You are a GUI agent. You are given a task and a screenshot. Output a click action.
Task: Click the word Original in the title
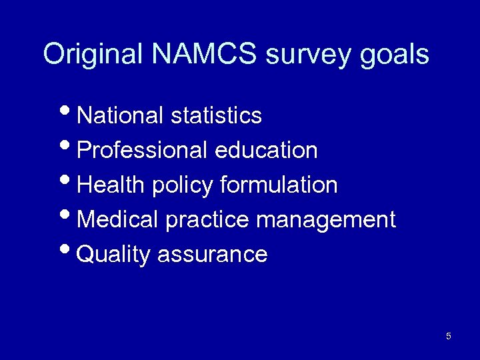click(93, 54)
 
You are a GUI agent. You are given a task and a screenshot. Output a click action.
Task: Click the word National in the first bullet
click(121, 116)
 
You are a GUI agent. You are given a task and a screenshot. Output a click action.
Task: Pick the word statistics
click(216, 116)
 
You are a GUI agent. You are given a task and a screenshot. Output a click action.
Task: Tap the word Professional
click(143, 151)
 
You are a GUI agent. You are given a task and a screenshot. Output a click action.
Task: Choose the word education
click(266, 151)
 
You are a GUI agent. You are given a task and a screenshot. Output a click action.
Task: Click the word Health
click(111, 185)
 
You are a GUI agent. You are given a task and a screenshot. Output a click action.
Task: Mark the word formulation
click(278, 185)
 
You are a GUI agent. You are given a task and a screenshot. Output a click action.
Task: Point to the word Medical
click(118, 220)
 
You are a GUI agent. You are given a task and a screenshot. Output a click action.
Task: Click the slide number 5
click(448, 336)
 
